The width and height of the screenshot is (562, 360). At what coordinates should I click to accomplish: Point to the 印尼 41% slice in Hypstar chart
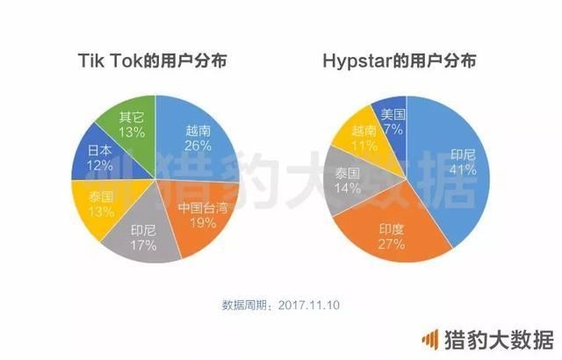click(x=448, y=158)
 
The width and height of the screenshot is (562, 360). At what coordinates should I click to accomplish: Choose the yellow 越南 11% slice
click(x=360, y=136)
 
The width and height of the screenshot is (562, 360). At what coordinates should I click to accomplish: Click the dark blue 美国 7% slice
click(x=391, y=117)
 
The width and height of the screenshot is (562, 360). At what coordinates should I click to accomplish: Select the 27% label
click(x=392, y=243)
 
